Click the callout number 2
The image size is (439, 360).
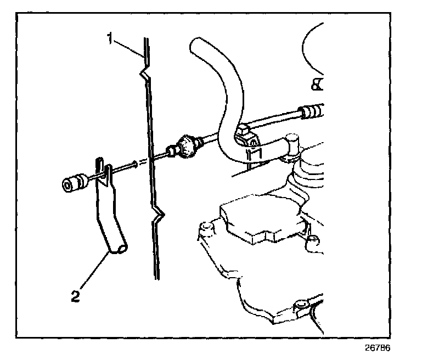(77, 297)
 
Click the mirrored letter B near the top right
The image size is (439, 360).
(317, 83)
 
